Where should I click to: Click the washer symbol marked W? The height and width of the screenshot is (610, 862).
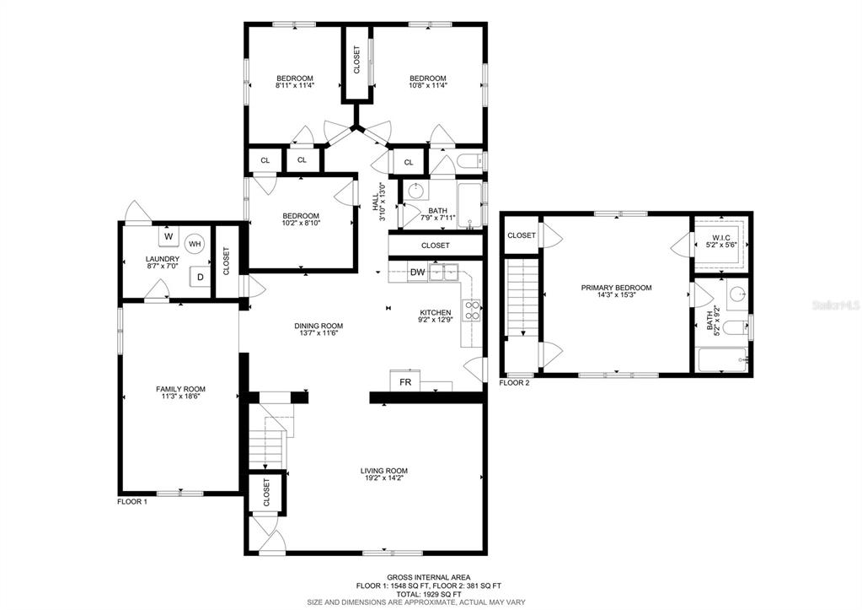169,236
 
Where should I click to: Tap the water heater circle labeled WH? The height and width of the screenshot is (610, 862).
195,243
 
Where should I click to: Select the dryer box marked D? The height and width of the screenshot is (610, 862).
200,277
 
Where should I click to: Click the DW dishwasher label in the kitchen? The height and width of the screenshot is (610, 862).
417,272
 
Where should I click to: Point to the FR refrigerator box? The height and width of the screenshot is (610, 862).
405,381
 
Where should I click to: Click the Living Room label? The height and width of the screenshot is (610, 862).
383,471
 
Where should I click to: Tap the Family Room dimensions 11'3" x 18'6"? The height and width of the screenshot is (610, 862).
180,396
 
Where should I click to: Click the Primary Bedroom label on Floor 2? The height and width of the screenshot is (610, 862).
616,288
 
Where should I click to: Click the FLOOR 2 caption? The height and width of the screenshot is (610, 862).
514,383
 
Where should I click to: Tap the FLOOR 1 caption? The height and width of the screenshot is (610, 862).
132,501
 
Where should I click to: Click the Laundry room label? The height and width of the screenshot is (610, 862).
162,259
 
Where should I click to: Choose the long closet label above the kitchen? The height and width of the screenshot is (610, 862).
436,246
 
